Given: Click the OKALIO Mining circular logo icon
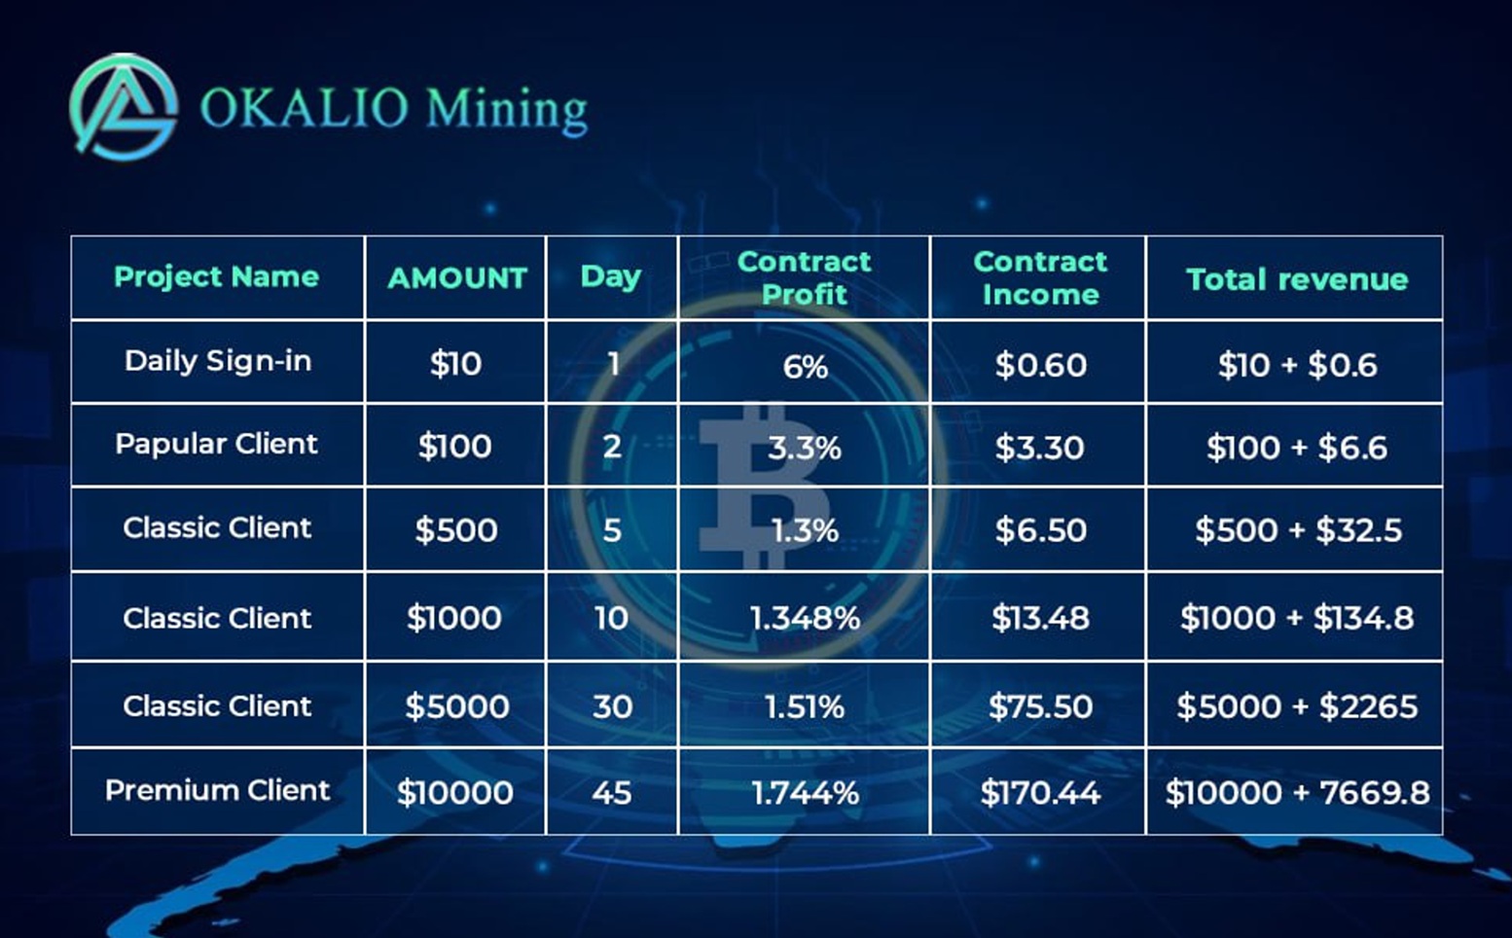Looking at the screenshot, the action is [124, 107].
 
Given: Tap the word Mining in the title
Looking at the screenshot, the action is [507, 111].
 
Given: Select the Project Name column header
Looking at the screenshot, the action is [217, 277].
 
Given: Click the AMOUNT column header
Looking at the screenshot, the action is [457, 278].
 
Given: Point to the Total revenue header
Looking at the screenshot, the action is [1297, 278].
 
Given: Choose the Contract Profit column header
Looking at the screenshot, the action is [804, 277].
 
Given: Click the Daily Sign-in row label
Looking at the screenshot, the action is [218, 362].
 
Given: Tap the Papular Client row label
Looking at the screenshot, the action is [217, 444].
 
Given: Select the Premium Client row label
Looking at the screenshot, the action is [217, 790].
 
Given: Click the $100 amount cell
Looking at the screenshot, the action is [455, 446].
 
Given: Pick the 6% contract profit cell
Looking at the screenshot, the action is [806, 367].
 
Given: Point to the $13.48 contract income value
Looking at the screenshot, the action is [1040, 618].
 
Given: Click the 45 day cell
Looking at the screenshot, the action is [612, 793].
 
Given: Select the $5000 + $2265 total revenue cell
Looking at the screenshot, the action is [1297, 706].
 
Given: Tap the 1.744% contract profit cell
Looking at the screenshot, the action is [806, 793].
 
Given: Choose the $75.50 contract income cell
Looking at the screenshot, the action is [1040, 706].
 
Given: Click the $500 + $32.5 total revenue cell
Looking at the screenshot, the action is [1298, 529].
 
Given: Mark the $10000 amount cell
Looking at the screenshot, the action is [455, 792].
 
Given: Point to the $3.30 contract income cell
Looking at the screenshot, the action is [1039, 448].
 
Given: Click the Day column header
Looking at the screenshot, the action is [611, 277].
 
